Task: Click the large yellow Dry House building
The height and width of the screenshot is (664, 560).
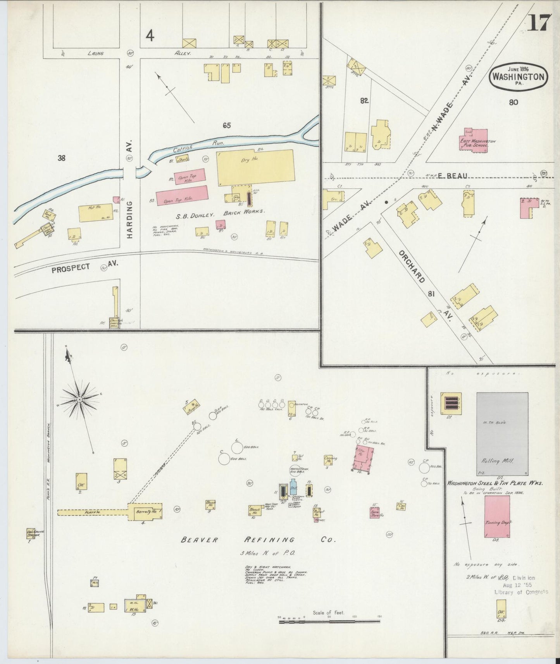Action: [255, 167]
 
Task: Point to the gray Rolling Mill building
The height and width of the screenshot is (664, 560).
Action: [502, 433]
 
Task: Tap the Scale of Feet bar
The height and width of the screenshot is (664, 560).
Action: [329, 622]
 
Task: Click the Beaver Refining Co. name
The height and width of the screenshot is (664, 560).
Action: [258, 540]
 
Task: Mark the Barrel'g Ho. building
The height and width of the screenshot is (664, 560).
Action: [145, 511]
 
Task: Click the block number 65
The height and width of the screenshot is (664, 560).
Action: [227, 125]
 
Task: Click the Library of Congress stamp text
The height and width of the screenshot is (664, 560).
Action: [521, 592]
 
